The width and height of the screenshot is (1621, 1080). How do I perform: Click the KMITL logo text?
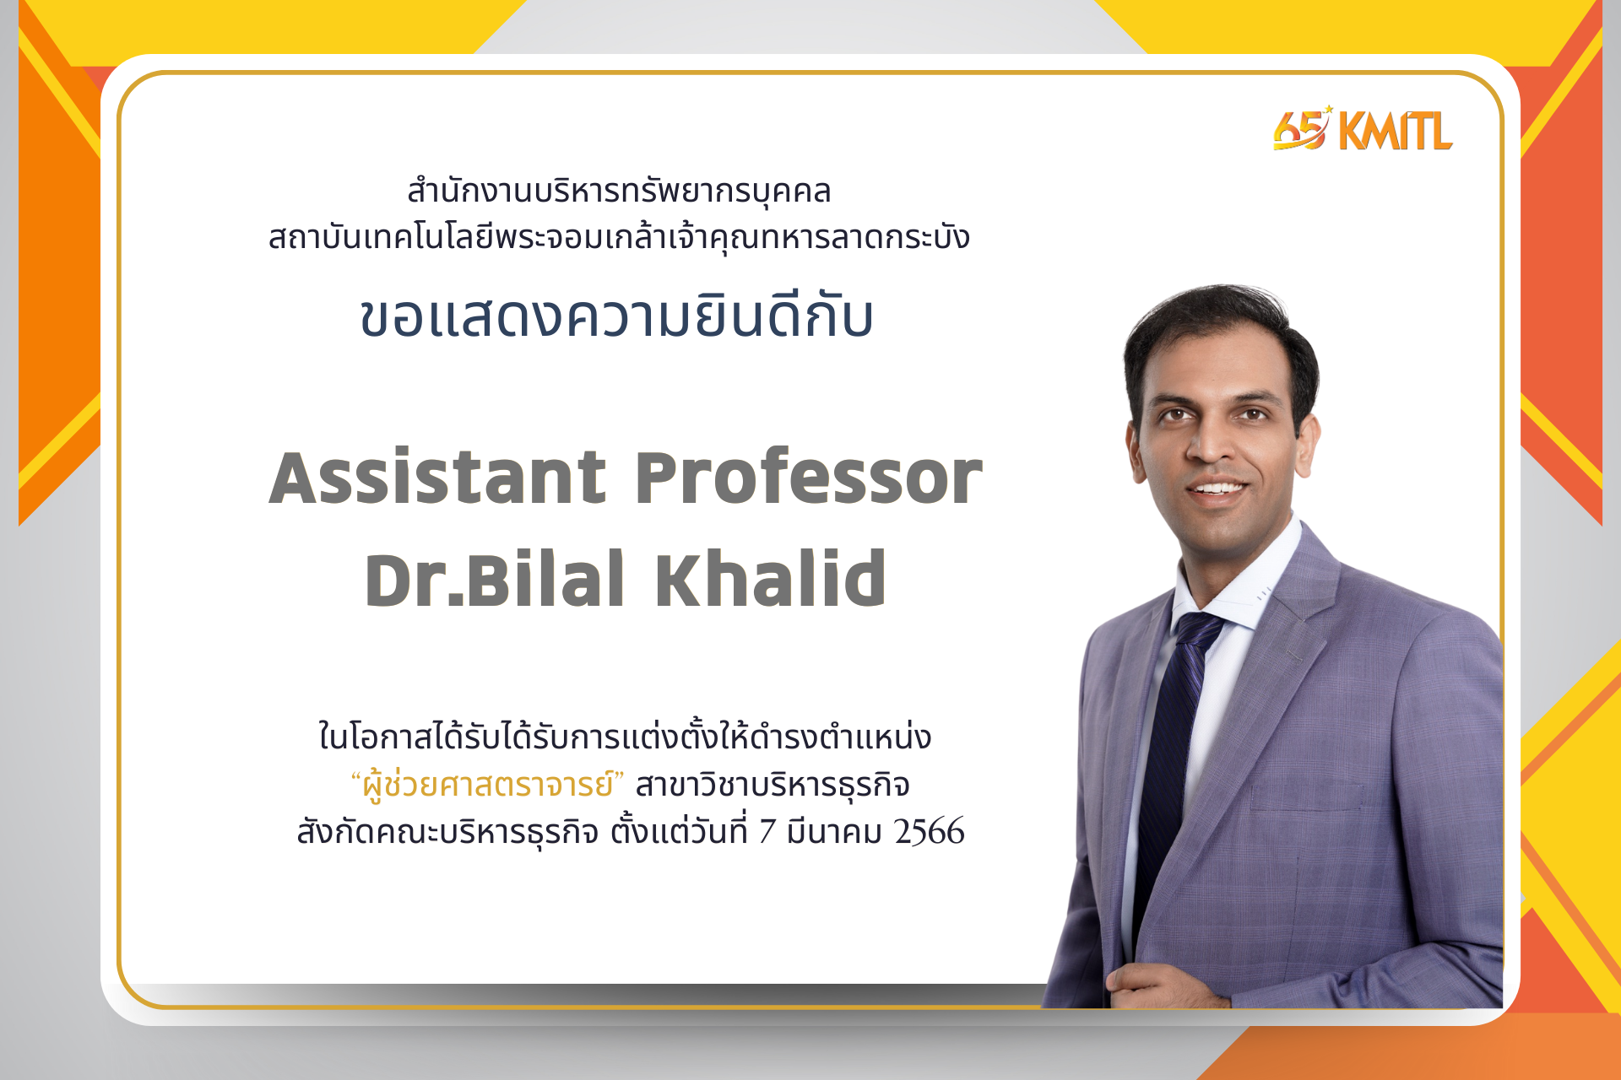[x=1396, y=131]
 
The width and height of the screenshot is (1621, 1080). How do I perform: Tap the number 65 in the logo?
[x=1301, y=130]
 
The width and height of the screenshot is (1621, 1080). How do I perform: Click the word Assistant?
[x=437, y=478]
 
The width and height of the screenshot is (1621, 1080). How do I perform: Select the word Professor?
[x=809, y=478]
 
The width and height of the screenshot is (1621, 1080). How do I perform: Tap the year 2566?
[x=930, y=832]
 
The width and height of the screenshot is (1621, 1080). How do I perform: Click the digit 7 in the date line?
[x=767, y=832]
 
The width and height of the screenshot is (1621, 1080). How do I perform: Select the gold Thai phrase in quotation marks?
[x=487, y=784]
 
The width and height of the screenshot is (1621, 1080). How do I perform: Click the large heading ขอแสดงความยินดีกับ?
[x=617, y=316]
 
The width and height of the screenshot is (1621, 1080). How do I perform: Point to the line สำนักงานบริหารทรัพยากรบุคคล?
[x=619, y=192]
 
